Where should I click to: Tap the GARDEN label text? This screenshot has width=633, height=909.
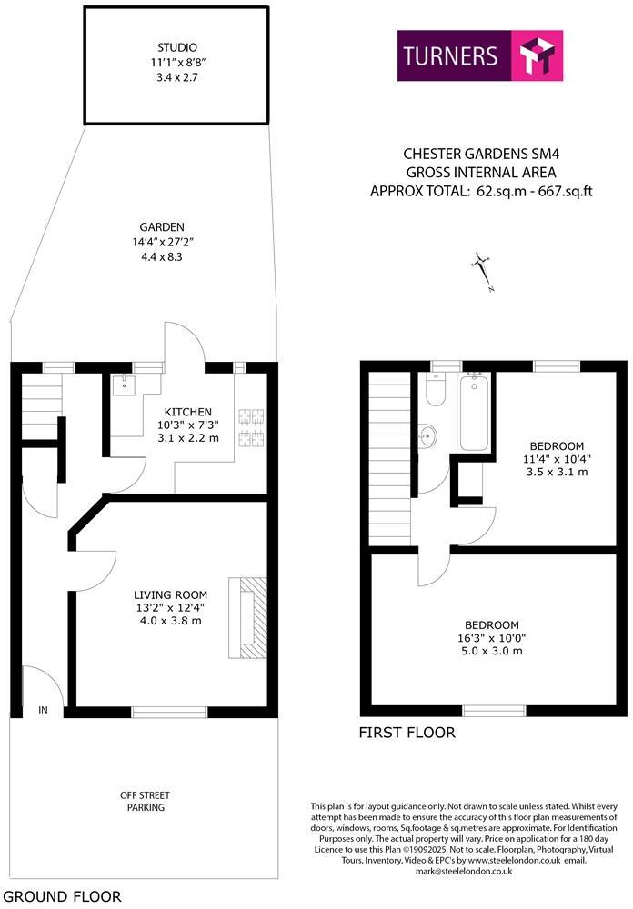163,227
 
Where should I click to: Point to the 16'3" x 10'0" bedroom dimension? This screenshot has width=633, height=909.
491,638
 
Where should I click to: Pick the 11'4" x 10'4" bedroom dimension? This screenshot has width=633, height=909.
556,459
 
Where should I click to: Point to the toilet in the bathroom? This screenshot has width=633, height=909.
434,390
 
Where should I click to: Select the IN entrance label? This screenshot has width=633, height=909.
43,710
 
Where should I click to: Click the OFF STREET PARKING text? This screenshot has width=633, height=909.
145,801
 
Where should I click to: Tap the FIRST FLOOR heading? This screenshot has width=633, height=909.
407,733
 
